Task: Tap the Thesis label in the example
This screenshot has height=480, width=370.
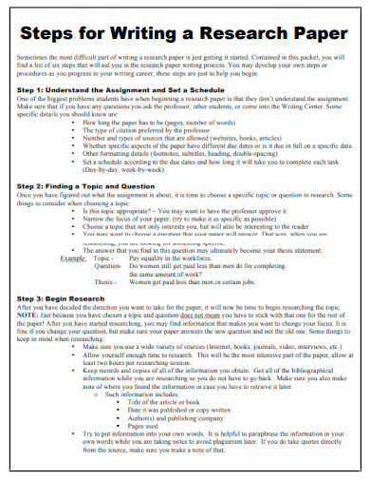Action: tap(105, 281)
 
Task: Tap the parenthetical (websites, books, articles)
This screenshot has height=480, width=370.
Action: tap(245, 138)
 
